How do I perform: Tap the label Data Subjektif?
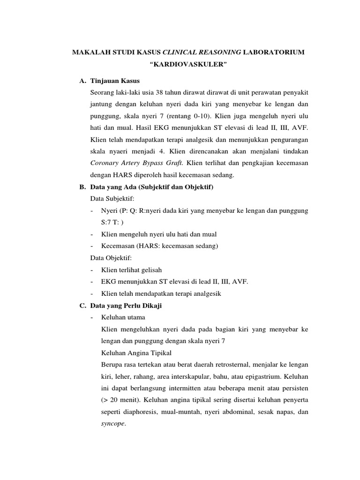[x=108, y=199]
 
